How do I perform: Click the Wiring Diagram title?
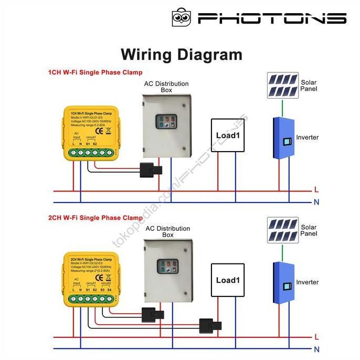click(x=182, y=55)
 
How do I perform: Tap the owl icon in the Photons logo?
click(x=181, y=17)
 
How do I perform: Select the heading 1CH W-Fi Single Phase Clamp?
click(x=95, y=72)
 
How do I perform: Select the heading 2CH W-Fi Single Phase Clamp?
click(x=95, y=217)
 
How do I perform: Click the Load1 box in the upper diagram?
click(x=228, y=135)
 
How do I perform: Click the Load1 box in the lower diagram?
click(x=228, y=280)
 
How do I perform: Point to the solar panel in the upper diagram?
click(x=282, y=86)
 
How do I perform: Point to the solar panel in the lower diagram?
click(x=282, y=230)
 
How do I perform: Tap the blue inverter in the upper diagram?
click(x=282, y=139)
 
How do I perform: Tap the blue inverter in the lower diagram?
click(x=282, y=283)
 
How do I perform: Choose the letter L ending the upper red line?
click(x=316, y=189)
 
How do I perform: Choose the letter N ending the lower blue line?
click(x=316, y=349)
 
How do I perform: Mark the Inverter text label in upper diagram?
click(x=307, y=137)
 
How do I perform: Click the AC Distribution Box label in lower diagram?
click(x=167, y=232)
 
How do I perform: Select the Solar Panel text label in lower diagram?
click(x=309, y=231)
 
